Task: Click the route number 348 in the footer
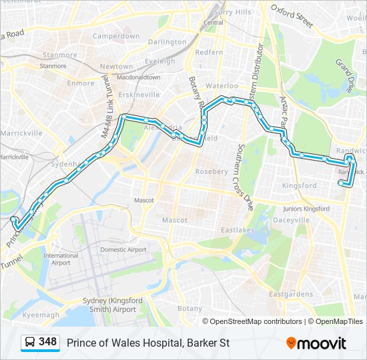click(x=47, y=342)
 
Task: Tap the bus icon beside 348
click(x=30, y=343)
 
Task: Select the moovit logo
click(x=316, y=343)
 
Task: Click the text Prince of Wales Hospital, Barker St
click(x=147, y=343)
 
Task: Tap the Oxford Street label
click(x=292, y=15)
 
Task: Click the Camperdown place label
click(x=116, y=36)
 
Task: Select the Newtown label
click(x=116, y=67)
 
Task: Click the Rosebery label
click(x=212, y=171)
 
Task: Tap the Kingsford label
click(x=300, y=185)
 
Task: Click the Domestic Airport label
click(x=123, y=249)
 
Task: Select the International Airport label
click(x=60, y=259)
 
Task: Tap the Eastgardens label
click(x=290, y=293)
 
